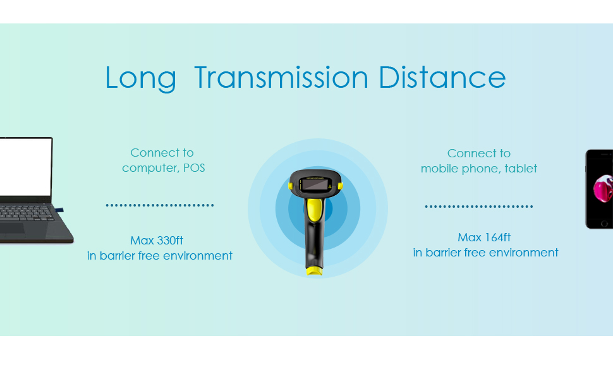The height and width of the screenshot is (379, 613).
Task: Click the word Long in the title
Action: coord(141,78)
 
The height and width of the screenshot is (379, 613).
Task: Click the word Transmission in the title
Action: coord(281,77)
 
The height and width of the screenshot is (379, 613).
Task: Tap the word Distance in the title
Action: coord(442,77)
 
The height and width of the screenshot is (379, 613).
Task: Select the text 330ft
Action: coord(170,240)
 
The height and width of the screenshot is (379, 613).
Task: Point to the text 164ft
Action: coord(498,237)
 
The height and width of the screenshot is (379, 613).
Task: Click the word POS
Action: coord(194,167)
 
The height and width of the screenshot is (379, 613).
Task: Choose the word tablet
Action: coord(521,169)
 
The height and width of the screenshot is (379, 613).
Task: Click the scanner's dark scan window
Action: coord(315,184)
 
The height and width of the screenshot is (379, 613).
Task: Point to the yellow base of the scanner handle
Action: coord(314,271)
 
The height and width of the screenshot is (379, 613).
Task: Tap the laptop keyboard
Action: coord(26,214)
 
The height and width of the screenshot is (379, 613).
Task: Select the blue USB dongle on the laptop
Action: coord(59,210)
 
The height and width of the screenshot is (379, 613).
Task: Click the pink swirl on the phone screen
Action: coord(604,188)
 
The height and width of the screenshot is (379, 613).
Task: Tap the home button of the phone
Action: coord(604,224)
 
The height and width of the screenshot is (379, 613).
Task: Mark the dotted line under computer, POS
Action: coord(159,205)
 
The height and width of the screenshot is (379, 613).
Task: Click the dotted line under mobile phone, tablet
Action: coord(479,207)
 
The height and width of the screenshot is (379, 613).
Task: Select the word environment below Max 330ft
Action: coord(197,256)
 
